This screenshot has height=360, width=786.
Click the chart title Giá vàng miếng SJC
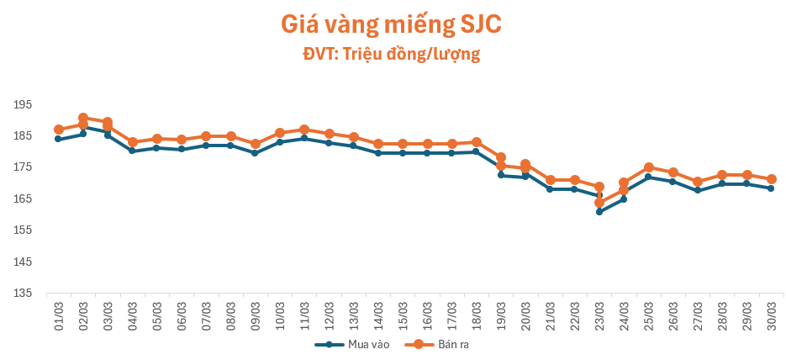392,25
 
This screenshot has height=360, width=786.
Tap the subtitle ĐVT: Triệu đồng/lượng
392,55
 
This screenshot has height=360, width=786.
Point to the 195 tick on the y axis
23,104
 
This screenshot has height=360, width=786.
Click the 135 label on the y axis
23,294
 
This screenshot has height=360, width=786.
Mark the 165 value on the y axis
23,199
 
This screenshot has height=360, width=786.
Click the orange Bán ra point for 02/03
83,119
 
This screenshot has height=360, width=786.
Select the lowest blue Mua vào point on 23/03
599,212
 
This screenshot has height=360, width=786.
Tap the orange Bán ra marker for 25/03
649,167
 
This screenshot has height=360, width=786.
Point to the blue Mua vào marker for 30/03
771,188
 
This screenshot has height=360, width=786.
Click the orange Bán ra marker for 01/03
59,130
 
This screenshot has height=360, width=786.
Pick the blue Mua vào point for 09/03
255,153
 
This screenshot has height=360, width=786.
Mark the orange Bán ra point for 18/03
477,142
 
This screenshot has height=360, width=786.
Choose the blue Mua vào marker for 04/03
132,151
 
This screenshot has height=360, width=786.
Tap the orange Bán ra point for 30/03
771,179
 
